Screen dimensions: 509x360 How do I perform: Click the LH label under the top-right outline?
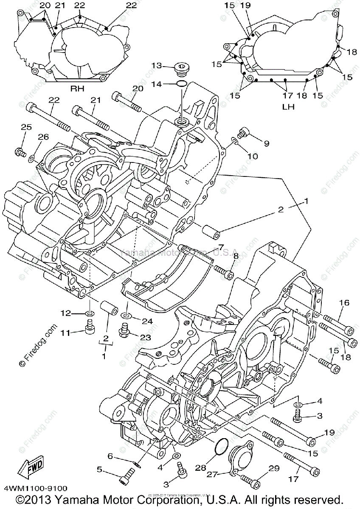click(x=288, y=107)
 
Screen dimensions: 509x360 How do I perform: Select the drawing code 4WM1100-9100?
click(x=36, y=489)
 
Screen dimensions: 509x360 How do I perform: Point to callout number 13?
click(x=157, y=65)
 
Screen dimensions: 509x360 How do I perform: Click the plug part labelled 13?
click(x=183, y=68)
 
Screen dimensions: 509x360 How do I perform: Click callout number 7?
click(x=220, y=247)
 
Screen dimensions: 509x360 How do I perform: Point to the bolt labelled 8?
click(x=225, y=272)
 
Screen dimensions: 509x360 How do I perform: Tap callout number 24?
click(x=146, y=321)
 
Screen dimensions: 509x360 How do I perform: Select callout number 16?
click(x=344, y=302)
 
